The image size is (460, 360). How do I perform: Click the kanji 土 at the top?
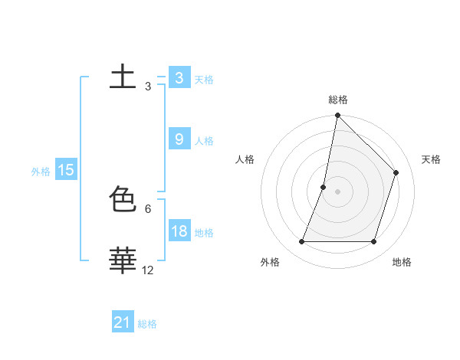coord(123,77)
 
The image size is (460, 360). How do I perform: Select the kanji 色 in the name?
coord(123,200)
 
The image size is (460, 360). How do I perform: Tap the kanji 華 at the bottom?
coord(123,260)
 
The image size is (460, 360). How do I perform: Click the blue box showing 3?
coord(179,78)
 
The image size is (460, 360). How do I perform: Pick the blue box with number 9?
coord(179,139)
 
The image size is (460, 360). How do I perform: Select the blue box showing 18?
coord(179,231)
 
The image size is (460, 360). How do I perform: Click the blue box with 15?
coord(66,170)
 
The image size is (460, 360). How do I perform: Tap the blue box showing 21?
coord(123,323)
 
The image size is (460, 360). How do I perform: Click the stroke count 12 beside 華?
coord(148,270)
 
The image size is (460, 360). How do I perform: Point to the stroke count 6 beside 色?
coord(148,208)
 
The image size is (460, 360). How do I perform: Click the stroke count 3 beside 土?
coord(148,87)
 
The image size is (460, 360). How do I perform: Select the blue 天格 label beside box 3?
coord(204,80)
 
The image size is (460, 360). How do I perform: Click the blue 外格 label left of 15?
coord(41,172)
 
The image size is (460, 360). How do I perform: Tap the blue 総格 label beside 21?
coord(147,325)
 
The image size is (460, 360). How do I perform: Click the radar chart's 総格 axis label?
coord(338,100)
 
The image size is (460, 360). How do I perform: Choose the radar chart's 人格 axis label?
coord(245,159)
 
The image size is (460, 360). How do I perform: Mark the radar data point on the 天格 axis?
coord(396,172)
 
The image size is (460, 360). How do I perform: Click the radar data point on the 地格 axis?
coord(373,242)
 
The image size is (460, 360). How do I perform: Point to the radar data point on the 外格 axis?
coord(301,242)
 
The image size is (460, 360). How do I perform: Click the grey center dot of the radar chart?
coord(337,191)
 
